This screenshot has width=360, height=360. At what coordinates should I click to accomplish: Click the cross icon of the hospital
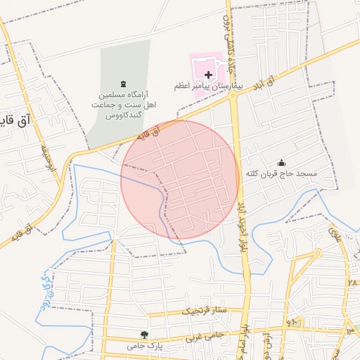pyautogui.click(x=208, y=74)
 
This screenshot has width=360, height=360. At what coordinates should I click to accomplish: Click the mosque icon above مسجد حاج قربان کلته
pyautogui.click(x=282, y=162)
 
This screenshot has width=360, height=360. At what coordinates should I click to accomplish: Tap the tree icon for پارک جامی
pyautogui.click(x=144, y=335)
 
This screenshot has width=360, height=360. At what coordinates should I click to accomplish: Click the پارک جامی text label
pyautogui.click(x=141, y=345)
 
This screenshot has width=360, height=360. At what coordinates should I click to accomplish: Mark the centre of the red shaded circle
pyautogui.click(x=181, y=181)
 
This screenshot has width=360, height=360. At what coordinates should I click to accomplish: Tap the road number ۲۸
pyautogui.click(x=352, y=282)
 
